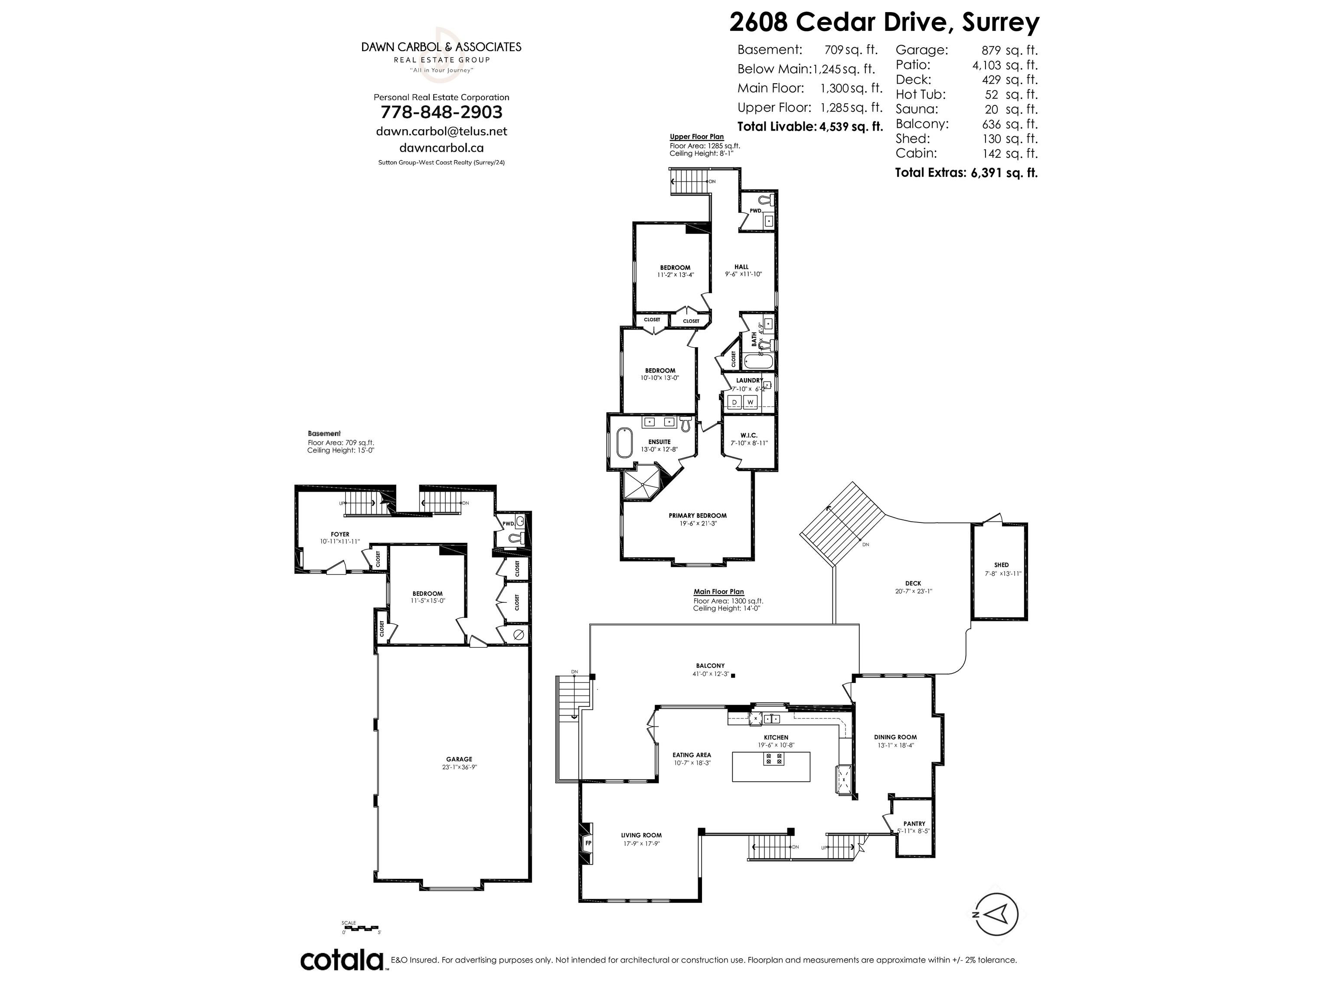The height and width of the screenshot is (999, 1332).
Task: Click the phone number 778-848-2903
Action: (441, 112)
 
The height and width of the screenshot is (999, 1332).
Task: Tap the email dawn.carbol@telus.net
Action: (441, 131)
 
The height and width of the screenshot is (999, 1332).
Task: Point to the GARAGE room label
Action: (459, 759)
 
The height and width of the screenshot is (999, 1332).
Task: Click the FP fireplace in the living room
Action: (588, 842)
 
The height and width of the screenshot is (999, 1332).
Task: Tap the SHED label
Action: (1002, 565)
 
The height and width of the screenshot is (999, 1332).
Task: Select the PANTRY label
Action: (914, 824)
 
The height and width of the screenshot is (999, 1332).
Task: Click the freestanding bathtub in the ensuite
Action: (624, 444)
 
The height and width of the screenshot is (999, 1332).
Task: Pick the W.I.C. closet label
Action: (749, 435)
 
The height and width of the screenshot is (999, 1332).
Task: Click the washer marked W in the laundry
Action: (750, 402)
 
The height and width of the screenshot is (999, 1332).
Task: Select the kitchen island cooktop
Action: (774, 759)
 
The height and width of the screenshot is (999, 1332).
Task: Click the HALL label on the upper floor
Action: (741, 267)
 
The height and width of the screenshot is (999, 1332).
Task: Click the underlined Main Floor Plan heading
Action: (718, 592)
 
